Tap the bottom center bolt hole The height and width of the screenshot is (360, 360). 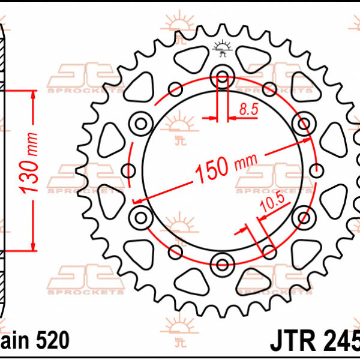pyautogui.click(x=223, y=262)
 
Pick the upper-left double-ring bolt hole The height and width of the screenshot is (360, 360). pyautogui.click(x=142, y=124)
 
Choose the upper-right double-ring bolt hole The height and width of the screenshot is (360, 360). pyautogui.click(x=302, y=124)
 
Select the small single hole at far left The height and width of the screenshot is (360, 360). pyautogui.click(x=128, y=170)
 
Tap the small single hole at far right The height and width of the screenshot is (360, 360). pyautogui.click(x=316, y=170)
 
